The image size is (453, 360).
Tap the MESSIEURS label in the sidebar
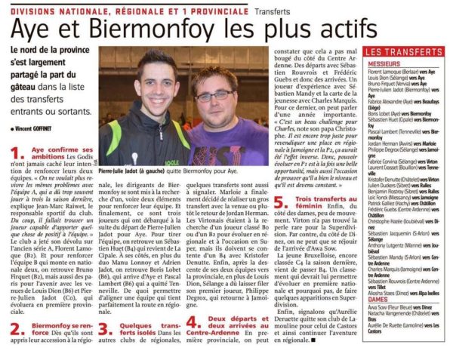(x=384, y=63)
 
